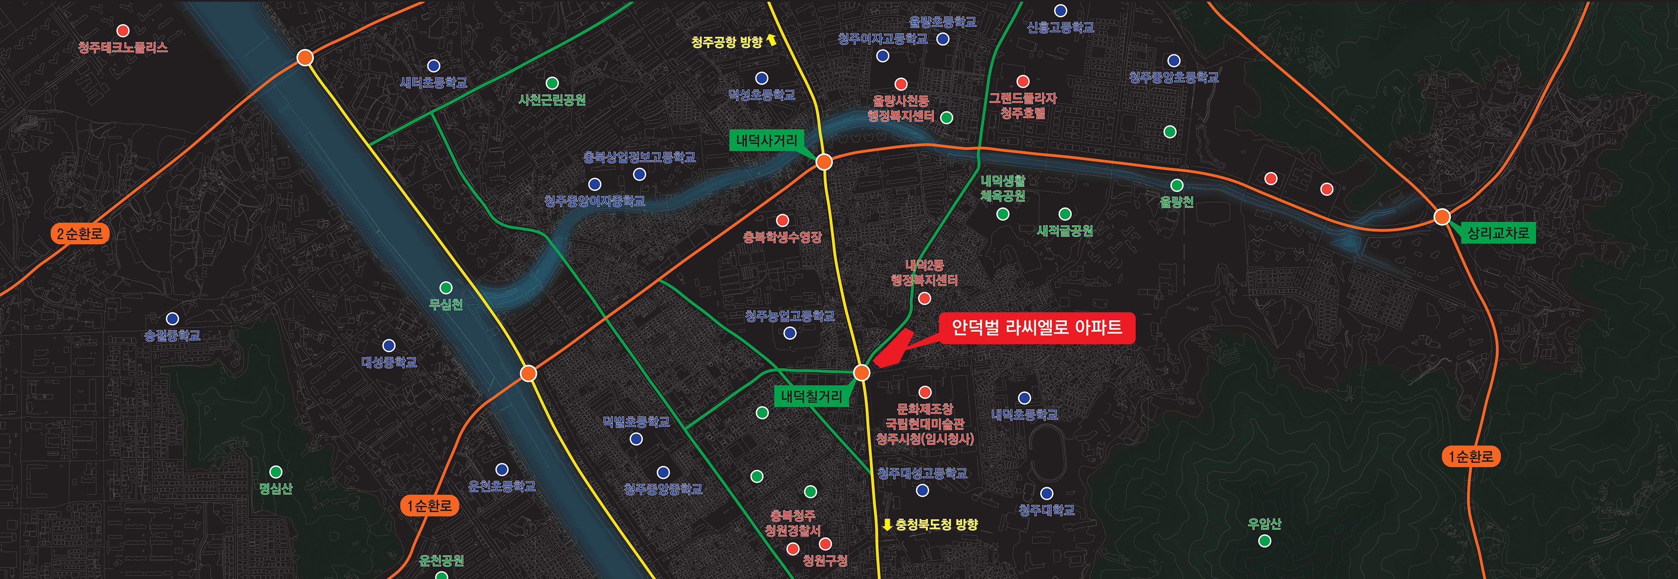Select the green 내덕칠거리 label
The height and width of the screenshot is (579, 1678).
pos(811,396)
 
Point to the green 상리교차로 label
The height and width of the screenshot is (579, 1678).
pos(1498,233)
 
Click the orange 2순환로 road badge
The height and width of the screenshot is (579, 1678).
pos(79,234)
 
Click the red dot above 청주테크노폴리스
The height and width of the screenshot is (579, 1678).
pos(122,31)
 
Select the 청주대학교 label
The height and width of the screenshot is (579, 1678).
pos(1046,510)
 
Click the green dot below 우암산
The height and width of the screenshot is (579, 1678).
pos(1264,540)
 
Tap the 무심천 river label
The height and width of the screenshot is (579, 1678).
pos(446,304)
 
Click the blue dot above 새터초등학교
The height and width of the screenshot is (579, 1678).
pos(433,66)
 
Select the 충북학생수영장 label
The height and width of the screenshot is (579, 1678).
pos(782,237)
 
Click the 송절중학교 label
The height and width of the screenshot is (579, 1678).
pos(172,335)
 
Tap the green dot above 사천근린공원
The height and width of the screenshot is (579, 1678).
pos(552,83)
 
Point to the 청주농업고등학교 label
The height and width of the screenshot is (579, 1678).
pos(789,316)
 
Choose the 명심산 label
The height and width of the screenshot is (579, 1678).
pos(276,488)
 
